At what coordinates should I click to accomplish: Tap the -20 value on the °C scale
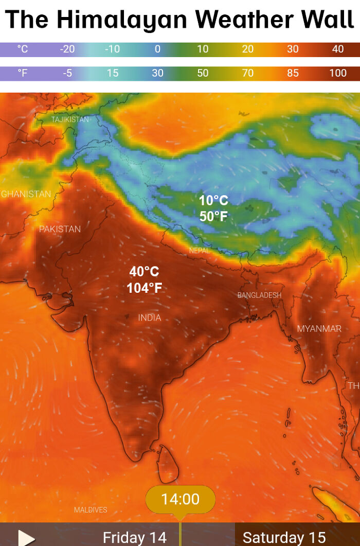point(67,49)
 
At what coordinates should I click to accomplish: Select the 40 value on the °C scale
point(338,49)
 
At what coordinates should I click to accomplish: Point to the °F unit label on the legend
point(23,73)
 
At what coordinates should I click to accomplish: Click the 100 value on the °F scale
point(338,73)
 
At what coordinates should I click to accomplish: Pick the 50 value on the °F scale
point(203,73)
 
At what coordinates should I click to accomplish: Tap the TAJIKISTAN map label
point(70,119)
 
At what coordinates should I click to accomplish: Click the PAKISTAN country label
point(60,229)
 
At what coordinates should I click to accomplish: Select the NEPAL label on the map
point(200,251)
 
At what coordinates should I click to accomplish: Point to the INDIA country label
point(150,318)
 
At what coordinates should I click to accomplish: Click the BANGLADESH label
point(259,295)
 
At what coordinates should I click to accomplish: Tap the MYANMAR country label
point(319,329)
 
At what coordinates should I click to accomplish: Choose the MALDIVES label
point(91,510)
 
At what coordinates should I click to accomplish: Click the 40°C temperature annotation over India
point(144,272)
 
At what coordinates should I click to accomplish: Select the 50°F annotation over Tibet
point(213,217)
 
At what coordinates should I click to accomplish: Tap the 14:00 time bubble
point(180,499)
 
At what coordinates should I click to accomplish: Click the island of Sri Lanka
point(167,457)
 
